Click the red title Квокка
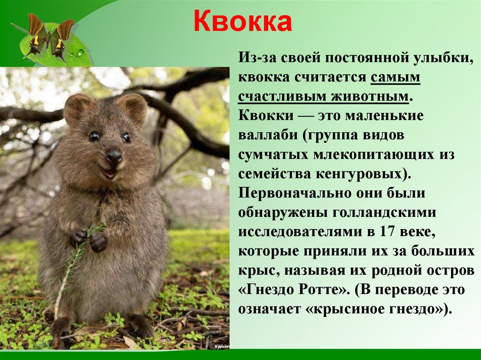[242, 23]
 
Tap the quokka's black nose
[113, 156]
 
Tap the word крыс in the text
[256, 271]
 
